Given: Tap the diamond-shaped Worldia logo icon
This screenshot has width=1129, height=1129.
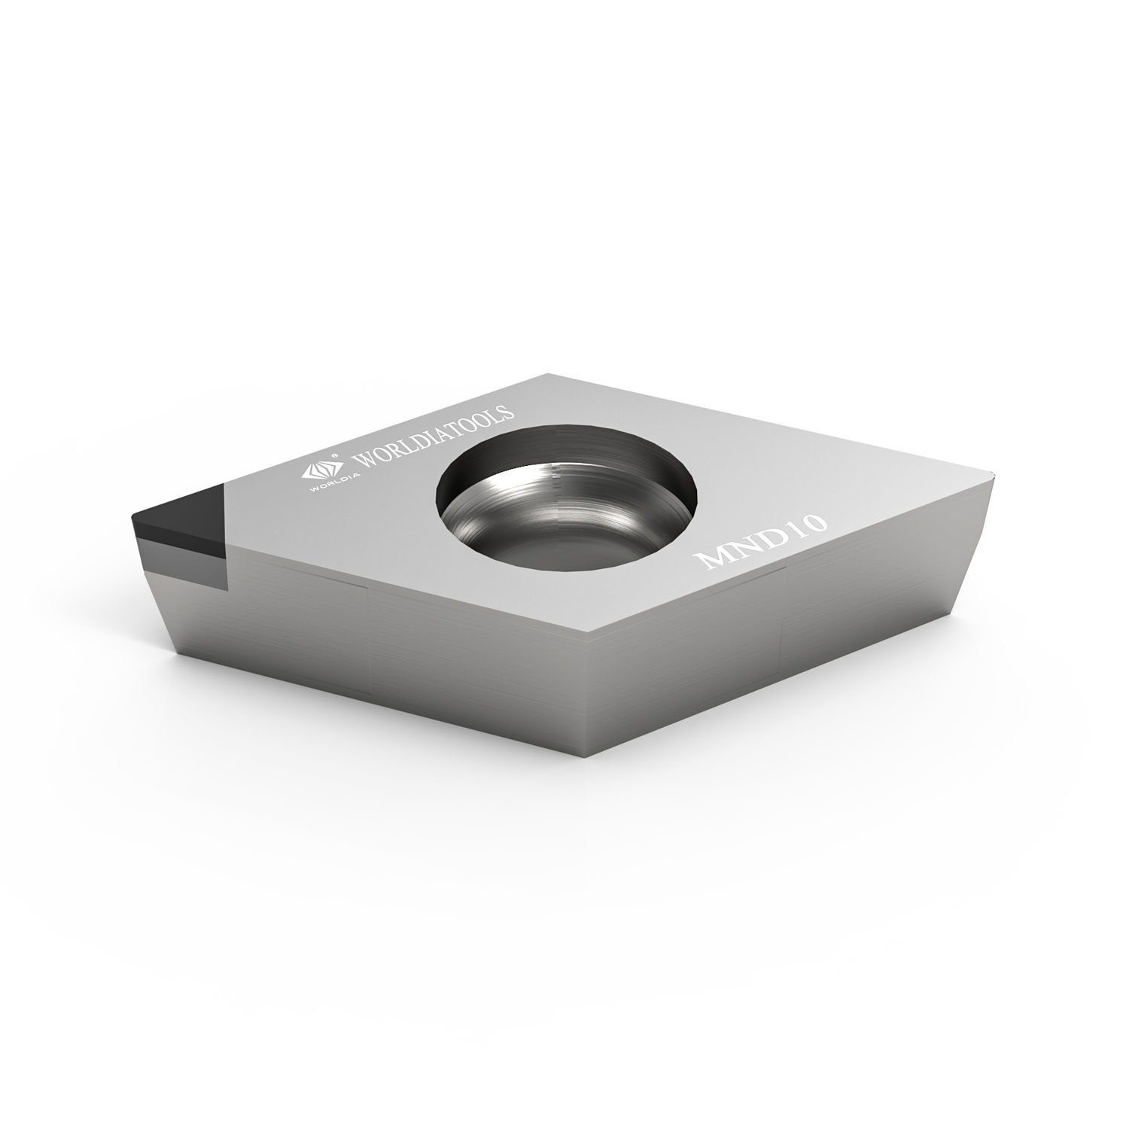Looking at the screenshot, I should click(316, 472).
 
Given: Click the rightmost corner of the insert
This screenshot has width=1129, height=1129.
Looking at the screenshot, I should click(995, 473).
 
